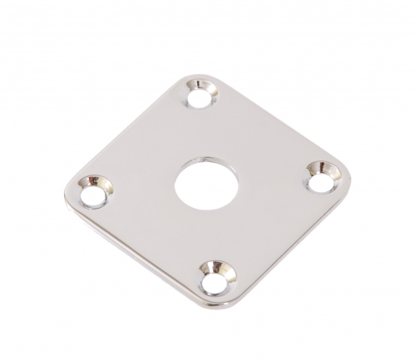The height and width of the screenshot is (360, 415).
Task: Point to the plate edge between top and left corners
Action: (133, 125)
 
